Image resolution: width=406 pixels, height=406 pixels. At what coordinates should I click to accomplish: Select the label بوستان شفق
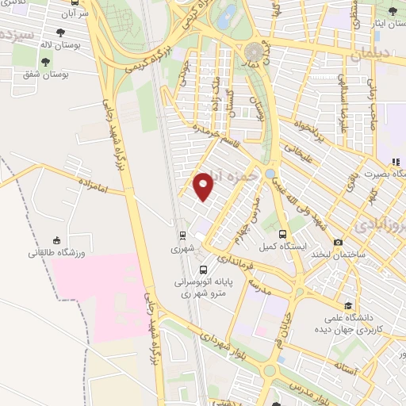coord(46,74)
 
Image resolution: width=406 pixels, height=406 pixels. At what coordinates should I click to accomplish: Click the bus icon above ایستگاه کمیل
coord(284,233)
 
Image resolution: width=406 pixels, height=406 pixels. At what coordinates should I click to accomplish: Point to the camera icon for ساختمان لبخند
coord(339,243)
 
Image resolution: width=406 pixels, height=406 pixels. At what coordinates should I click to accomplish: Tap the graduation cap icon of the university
coord(348,305)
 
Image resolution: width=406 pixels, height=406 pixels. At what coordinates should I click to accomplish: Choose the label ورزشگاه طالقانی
coord(56,253)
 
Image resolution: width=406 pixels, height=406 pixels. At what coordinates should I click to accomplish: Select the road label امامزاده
coord(92,183)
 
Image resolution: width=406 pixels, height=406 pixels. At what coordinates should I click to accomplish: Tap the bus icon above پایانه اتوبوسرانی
coord(204,270)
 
